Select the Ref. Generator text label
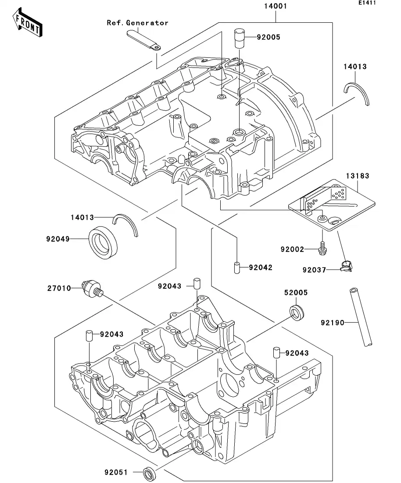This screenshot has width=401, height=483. (x=137, y=23)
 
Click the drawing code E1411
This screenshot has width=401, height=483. (x=367, y=4)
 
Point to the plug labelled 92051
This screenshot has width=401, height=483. (x=149, y=473)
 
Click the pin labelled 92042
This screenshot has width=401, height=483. (x=236, y=268)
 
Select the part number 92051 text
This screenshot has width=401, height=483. (x=116, y=472)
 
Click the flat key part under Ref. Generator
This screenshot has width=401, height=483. (x=143, y=39)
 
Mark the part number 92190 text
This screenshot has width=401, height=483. (x=332, y=323)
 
